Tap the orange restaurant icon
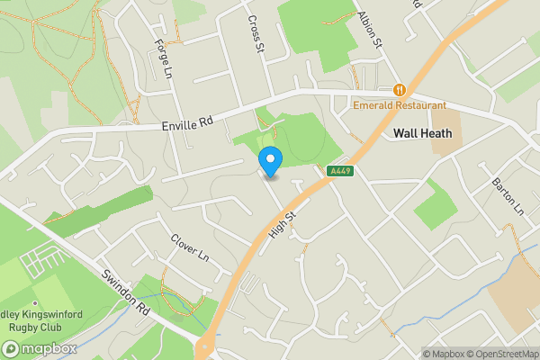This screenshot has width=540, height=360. tap(399, 90)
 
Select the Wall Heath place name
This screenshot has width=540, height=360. tap(422, 132)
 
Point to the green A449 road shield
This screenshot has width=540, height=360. tap(339, 171)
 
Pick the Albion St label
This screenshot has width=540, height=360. tap(369, 30)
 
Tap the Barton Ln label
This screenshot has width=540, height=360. tap(508, 196)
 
